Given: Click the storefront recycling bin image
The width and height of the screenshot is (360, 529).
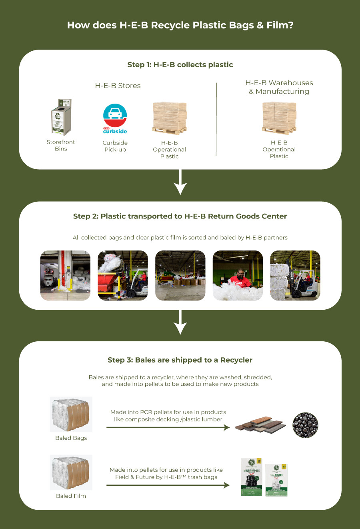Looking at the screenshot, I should click(x=61, y=117).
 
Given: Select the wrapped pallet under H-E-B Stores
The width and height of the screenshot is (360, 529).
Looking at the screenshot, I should click(x=170, y=118).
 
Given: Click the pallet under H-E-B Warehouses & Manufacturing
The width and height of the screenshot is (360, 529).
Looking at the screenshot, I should click(x=279, y=118).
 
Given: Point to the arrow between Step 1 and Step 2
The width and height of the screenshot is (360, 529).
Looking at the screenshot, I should click(x=180, y=182).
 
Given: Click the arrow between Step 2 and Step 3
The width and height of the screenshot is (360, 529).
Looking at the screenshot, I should click(x=180, y=322).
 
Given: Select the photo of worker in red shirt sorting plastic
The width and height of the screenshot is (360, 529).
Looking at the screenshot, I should click(x=238, y=275).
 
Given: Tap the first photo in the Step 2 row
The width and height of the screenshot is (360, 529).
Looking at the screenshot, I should click(x=65, y=275).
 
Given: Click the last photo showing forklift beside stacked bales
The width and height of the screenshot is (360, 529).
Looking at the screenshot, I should click(x=295, y=275).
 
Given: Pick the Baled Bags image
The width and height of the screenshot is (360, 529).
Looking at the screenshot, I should click(x=71, y=414).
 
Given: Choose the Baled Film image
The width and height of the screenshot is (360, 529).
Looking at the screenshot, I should click(x=71, y=472).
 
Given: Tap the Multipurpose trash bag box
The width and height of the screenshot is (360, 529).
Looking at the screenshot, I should click(x=251, y=477).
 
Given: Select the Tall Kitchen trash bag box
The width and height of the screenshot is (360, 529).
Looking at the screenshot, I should click(x=276, y=480).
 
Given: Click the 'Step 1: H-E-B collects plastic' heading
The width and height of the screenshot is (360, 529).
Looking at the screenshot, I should click(x=180, y=65).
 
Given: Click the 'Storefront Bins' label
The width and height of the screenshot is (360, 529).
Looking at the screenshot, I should click(x=61, y=145).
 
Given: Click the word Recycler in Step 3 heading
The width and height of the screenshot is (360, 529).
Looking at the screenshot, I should click(x=236, y=360).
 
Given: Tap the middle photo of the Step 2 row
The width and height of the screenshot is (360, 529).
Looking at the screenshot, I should click(x=180, y=275).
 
